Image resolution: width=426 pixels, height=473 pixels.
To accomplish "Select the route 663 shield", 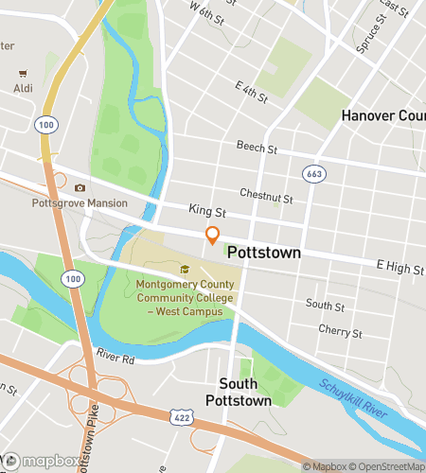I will point(314,174).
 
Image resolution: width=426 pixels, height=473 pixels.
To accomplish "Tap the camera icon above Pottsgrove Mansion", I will point(80,188).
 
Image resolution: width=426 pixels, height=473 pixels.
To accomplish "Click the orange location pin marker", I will point(213,237).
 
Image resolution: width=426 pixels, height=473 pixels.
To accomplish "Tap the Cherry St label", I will point(341,331).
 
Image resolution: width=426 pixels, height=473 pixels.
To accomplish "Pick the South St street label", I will point(326,305).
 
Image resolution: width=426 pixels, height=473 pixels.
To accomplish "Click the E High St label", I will point(399,269).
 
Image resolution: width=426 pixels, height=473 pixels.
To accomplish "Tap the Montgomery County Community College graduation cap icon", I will point(185,270).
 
